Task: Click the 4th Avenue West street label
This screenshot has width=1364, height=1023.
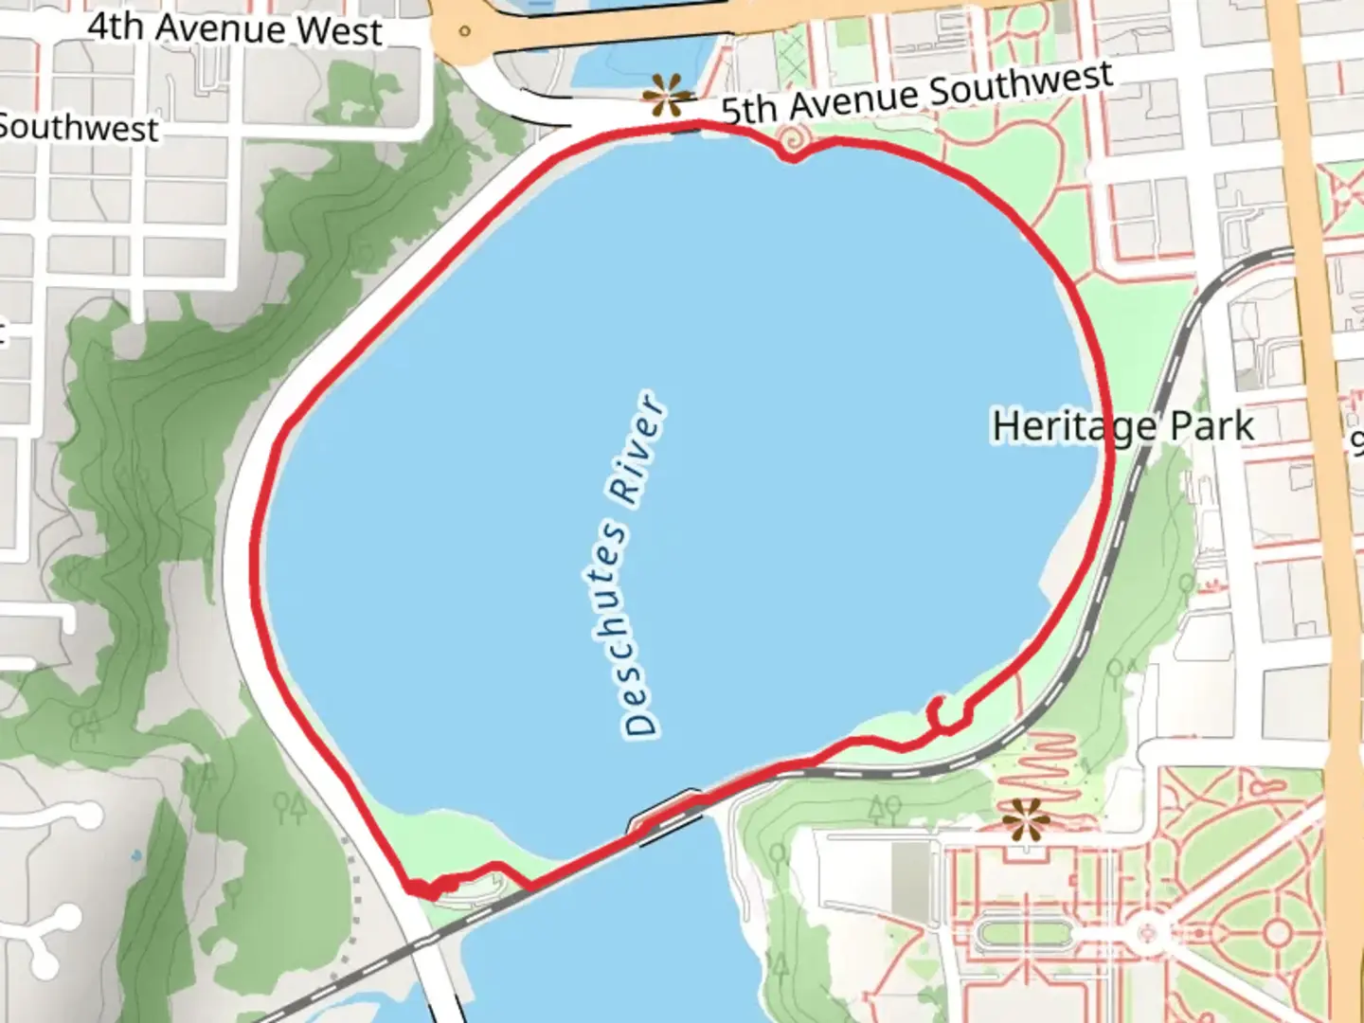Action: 235,28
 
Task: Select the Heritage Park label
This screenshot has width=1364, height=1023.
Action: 1123,426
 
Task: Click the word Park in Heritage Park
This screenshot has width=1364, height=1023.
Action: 1211,426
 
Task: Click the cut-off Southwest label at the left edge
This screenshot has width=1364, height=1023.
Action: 80,128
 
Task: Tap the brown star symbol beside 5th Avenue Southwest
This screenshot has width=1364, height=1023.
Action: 667,97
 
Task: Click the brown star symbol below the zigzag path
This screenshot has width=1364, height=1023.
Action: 1026,818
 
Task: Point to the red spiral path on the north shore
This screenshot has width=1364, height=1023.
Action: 791,143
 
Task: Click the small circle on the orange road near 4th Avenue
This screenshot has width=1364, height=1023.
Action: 464,30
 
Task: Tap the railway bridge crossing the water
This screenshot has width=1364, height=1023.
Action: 667,816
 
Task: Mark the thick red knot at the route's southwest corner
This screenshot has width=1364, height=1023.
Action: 423,888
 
